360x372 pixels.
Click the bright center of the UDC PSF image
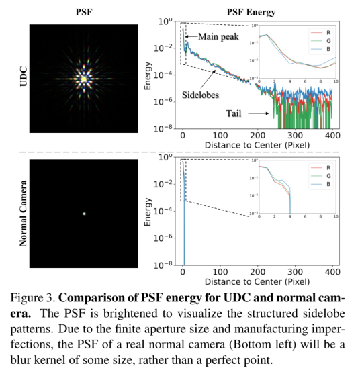pos(83,79)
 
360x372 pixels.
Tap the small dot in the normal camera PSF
pos(84,214)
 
